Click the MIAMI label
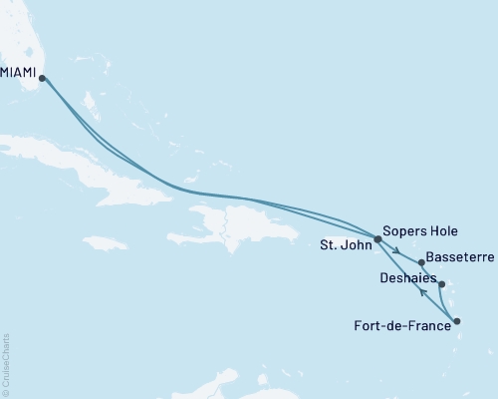[x=20, y=71]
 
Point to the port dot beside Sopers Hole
[x=377, y=239]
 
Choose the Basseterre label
[x=460, y=257]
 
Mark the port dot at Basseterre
[x=422, y=263]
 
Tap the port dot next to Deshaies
[x=441, y=284]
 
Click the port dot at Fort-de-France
[x=457, y=321]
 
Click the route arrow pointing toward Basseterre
[x=397, y=250]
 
